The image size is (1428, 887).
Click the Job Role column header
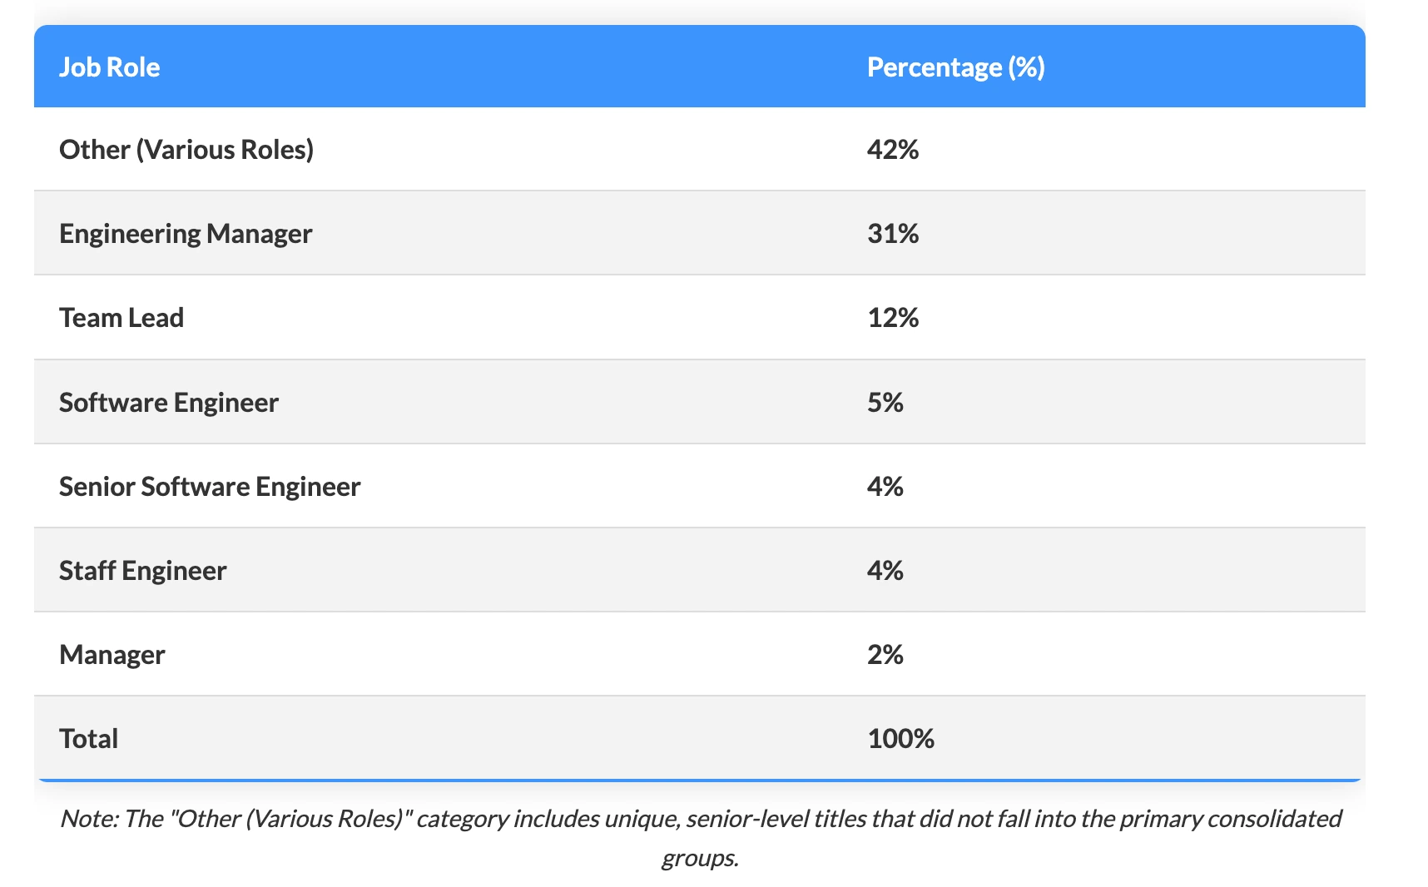click(109, 67)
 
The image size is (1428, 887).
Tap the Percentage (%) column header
click(955, 67)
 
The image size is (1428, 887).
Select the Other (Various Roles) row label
click(186, 150)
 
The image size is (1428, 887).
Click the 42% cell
click(892, 150)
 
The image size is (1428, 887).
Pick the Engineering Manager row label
click(186, 234)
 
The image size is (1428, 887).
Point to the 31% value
click(892, 234)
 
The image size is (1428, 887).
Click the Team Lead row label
click(121, 318)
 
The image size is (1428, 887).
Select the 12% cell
click(892, 318)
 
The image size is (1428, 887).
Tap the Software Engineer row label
click(169, 403)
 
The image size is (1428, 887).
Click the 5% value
click(885, 403)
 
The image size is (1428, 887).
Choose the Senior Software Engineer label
click(210, 487)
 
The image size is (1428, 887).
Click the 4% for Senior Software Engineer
click(885, 487)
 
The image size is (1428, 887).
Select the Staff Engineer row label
click(142, 571)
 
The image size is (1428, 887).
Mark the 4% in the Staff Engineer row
click(885, 571)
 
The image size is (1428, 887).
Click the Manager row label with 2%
click(112, 655)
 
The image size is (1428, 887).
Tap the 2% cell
click(885, 655)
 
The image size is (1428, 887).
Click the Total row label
click(88, 739)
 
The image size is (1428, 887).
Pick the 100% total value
click(900, 739)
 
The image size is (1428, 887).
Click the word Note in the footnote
click(88, 819)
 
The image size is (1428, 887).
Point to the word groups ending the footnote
click(699, 858)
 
